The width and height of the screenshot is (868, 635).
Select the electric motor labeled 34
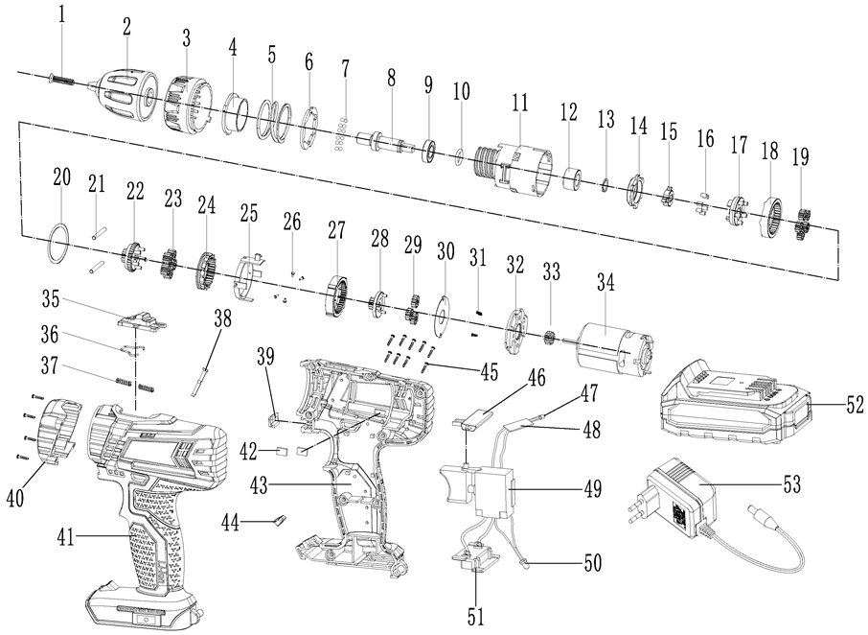tap(612, 346)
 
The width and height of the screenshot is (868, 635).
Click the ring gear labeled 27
tap(336, 293)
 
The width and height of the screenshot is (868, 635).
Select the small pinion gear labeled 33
tap(551, 339)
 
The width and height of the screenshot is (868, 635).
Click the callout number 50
tap(593, 563)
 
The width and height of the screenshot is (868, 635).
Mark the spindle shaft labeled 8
tap(392, 144)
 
